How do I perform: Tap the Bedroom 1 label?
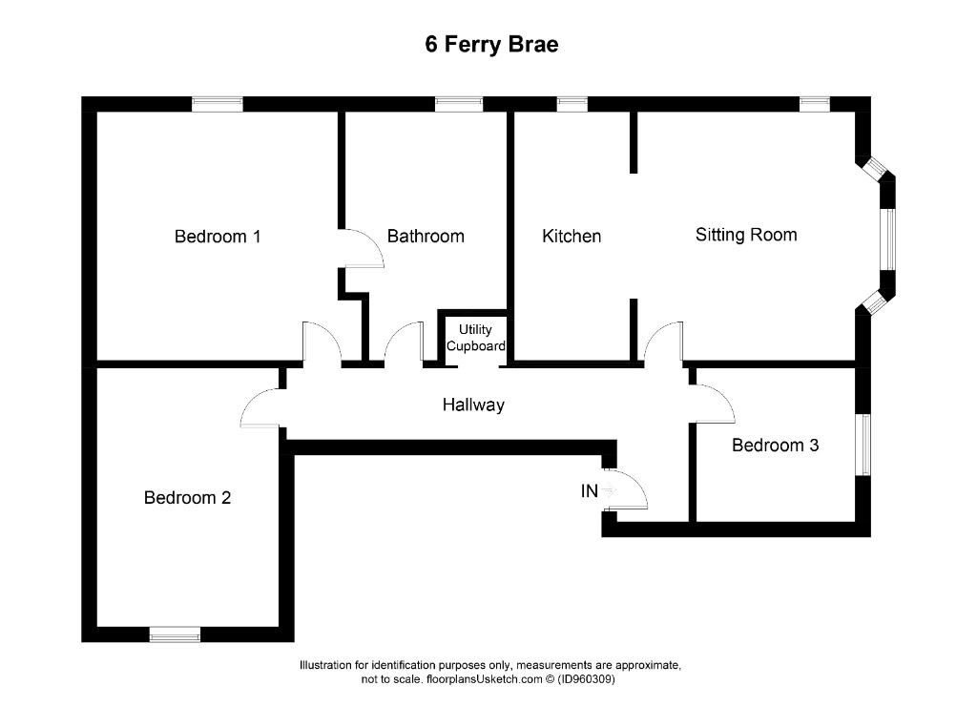[218, 237]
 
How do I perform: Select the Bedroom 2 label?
[187, 497]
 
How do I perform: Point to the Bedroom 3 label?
[775, 445]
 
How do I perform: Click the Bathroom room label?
[426, 237]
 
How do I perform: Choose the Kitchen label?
[572, 237]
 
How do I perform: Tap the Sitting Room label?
[746, 235]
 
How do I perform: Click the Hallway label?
[473, 405]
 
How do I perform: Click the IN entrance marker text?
[590, 492]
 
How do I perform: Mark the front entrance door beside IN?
[628, 490]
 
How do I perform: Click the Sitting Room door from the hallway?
[663, 343]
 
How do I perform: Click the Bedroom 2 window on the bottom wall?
[175, 633]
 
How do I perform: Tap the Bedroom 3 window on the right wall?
[863, 444]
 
